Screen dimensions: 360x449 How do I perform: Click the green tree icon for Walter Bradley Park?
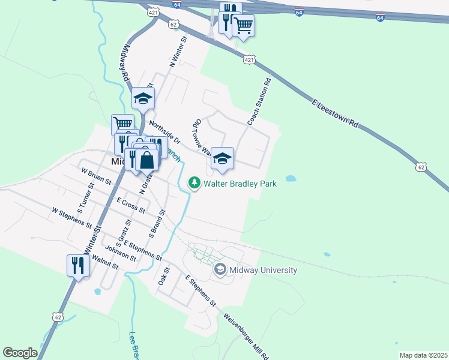[x=194, y=183]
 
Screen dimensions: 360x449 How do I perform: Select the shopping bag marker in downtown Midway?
[x=146, y=161]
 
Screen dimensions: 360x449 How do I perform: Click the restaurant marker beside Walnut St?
[x=78, y=265]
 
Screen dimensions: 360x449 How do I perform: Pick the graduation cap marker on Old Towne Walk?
[x=222, y=158]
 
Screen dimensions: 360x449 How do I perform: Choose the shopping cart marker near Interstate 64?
[x=243, y=26]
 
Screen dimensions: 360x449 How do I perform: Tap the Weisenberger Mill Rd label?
[x=246, y=336]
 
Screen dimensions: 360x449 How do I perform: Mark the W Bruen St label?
[x=97, y=176]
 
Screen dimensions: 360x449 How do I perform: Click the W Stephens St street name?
[x=76, y=219]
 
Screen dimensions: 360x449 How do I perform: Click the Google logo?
[x=20, y=352]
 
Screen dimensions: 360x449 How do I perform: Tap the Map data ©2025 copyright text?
[x=423, y=355]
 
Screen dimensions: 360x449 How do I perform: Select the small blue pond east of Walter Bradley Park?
[x=291, y=179]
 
